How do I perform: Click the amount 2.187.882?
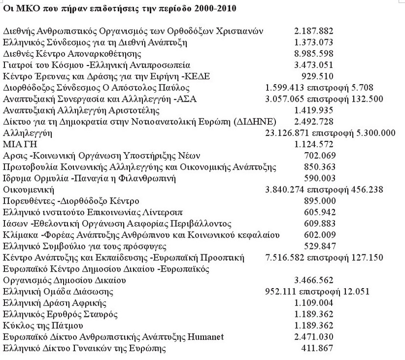point(314,31)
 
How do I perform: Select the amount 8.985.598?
point(314,54)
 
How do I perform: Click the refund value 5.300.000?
point(374,133)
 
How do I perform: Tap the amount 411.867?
point(318,349)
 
